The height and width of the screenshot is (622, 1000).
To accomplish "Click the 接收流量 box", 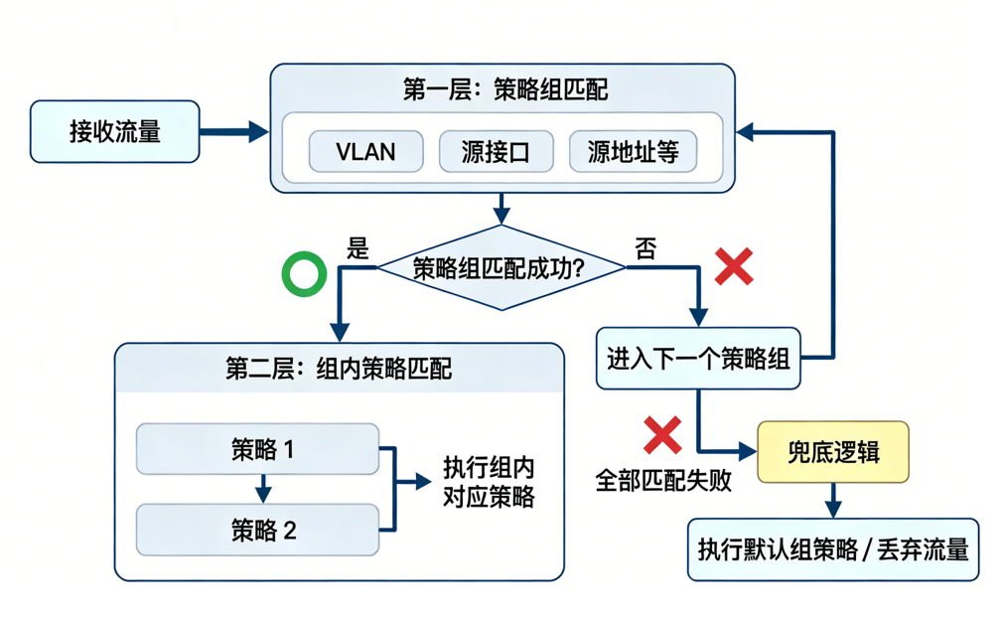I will coord(114,130).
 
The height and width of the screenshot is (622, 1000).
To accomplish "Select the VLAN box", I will coord(365,152).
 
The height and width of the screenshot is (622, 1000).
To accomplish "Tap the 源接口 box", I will coord(495,152).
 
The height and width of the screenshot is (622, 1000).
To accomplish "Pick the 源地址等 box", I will coord(633,152).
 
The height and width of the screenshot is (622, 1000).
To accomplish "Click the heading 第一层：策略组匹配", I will coord(504,90).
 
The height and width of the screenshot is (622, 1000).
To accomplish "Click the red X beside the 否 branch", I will coord(734,267).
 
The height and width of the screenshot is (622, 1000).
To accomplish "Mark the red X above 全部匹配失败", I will coord(662,435).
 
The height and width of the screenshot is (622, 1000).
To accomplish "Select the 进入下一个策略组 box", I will coord(698,359).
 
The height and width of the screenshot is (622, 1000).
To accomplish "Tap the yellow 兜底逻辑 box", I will coord(832,452).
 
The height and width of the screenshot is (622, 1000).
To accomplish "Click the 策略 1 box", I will coord(257,449).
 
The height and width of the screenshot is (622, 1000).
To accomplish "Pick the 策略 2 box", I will coord(257,529).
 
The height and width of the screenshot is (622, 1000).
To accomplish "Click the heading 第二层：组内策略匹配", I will coord(339,370).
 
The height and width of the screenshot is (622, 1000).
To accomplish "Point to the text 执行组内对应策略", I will coord(488,482).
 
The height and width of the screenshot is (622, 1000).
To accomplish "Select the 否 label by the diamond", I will coord(645,248).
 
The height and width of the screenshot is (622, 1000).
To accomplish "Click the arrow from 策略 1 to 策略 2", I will coord(262,488).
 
